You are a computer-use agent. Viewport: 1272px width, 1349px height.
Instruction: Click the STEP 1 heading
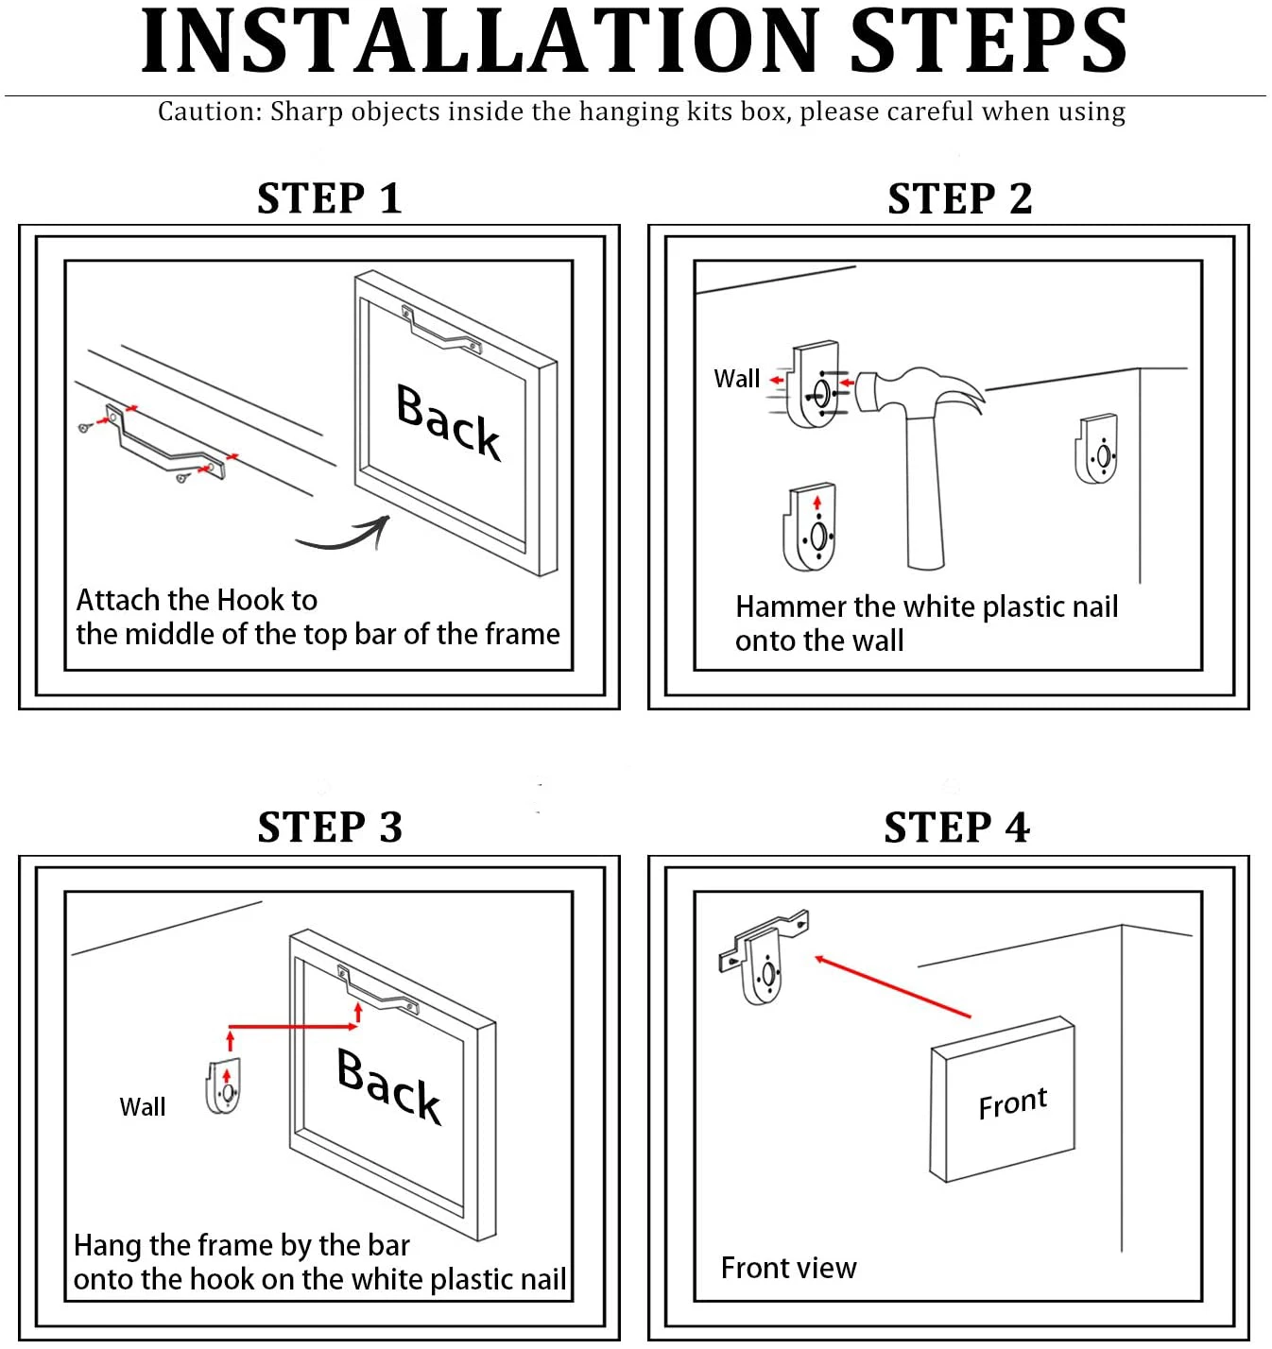pos(330,198)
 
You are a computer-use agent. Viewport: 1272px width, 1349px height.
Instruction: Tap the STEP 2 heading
pos(960,198)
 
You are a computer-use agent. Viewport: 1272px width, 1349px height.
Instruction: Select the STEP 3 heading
pos(330,828)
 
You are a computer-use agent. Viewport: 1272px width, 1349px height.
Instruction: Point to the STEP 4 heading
pos(956,828)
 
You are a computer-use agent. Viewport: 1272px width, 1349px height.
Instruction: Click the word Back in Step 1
pos(449,422)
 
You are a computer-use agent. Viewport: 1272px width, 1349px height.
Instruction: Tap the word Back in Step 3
pos(388,1085)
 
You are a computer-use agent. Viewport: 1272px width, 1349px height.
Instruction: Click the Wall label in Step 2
pos(736,379)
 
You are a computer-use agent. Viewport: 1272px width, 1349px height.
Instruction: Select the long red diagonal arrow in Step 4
pos(893,987)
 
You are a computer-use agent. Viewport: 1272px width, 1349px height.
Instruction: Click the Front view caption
pos(789,1268)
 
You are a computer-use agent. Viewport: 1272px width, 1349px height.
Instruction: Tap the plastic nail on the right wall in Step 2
pos(1096,449)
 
